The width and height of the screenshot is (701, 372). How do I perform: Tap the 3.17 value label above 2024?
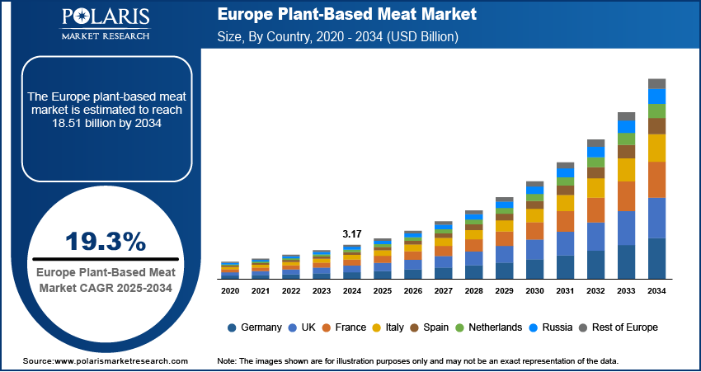[x=352, y=234]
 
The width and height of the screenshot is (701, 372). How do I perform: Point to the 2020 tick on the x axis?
[x=230, y=291]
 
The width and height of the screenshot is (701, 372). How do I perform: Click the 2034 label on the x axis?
[x=656, y=291]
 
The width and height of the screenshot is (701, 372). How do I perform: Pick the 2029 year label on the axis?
[x=504, y=291]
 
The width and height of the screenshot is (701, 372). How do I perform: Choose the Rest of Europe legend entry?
[x=617, y=327]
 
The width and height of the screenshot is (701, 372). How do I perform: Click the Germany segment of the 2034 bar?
[x=656, y=259]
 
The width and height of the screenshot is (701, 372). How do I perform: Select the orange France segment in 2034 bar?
[x=656, y=180]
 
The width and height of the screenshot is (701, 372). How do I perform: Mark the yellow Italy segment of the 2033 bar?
[x=627, y=170]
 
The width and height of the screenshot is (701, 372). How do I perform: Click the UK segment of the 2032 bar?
[x=596, y=237]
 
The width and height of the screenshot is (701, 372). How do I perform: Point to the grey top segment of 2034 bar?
[x=656, y=83]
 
